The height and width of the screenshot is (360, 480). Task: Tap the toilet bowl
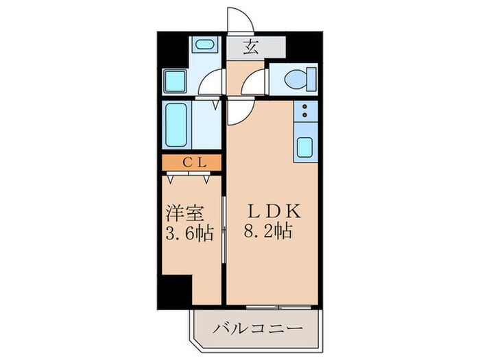pyautogui.click(x=296, y=80)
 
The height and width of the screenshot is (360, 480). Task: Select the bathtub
pyautogui.click(x=177, y=125)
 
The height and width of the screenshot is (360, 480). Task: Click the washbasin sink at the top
pyautogui.click(x=203, y=46)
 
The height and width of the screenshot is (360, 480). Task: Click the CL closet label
pyautogui.click(x=192, y=163)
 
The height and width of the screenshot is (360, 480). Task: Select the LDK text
pyautogui.click(x=269, y=211)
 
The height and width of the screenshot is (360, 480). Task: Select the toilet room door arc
pyautogui.click(x=257, y=82)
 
